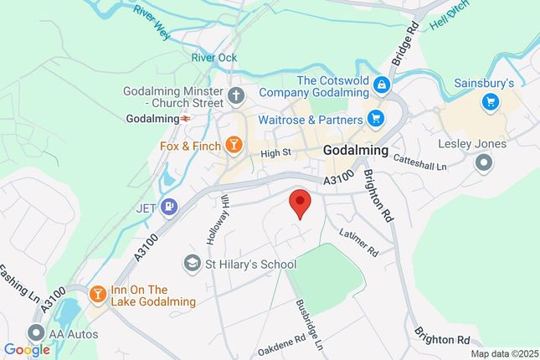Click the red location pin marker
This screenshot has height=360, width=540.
[300, 203]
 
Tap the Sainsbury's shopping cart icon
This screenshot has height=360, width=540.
[490, 102]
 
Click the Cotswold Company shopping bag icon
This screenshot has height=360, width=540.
[381, 84]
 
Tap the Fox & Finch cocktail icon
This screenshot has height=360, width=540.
[234, 146]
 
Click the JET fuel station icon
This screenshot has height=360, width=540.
[170, 205]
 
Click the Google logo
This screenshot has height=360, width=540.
[26, 350]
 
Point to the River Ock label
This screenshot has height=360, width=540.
[214, 58]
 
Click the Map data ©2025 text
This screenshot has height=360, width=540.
[503, 353]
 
